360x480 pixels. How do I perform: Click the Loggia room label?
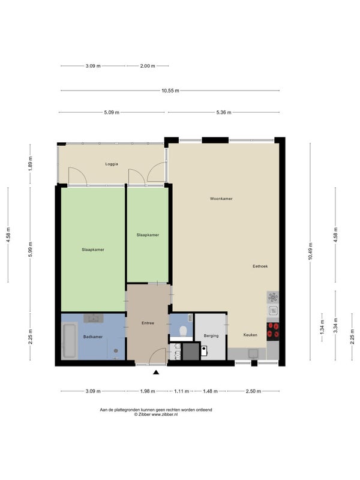pos(112,164)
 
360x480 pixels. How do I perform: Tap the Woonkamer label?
pos(221,199)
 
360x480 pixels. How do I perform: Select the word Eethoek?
pos(260,266)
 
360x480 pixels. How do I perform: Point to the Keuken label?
pos(250,335)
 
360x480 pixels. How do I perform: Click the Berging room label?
pos(211,336)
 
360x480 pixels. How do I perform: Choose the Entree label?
pos(148,323)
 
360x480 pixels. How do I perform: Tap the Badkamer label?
pos(93,337)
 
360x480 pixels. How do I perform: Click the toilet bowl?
pos(183,331)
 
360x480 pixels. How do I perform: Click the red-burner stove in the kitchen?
pos(273,332)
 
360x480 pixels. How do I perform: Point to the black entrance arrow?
pos(156,372)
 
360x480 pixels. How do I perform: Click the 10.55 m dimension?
pos(170,91)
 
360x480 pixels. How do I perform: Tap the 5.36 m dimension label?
pos(223,112)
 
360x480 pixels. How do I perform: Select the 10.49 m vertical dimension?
pos(310,251)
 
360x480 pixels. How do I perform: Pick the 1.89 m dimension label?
pos(30,164)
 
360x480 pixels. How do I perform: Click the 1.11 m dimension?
pos(182,391)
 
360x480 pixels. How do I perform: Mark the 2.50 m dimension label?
pos(253,391)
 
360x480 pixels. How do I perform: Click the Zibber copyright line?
pos(156,415)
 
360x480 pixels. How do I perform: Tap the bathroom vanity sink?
pos(94,318)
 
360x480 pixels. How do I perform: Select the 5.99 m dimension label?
pos(30,250)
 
